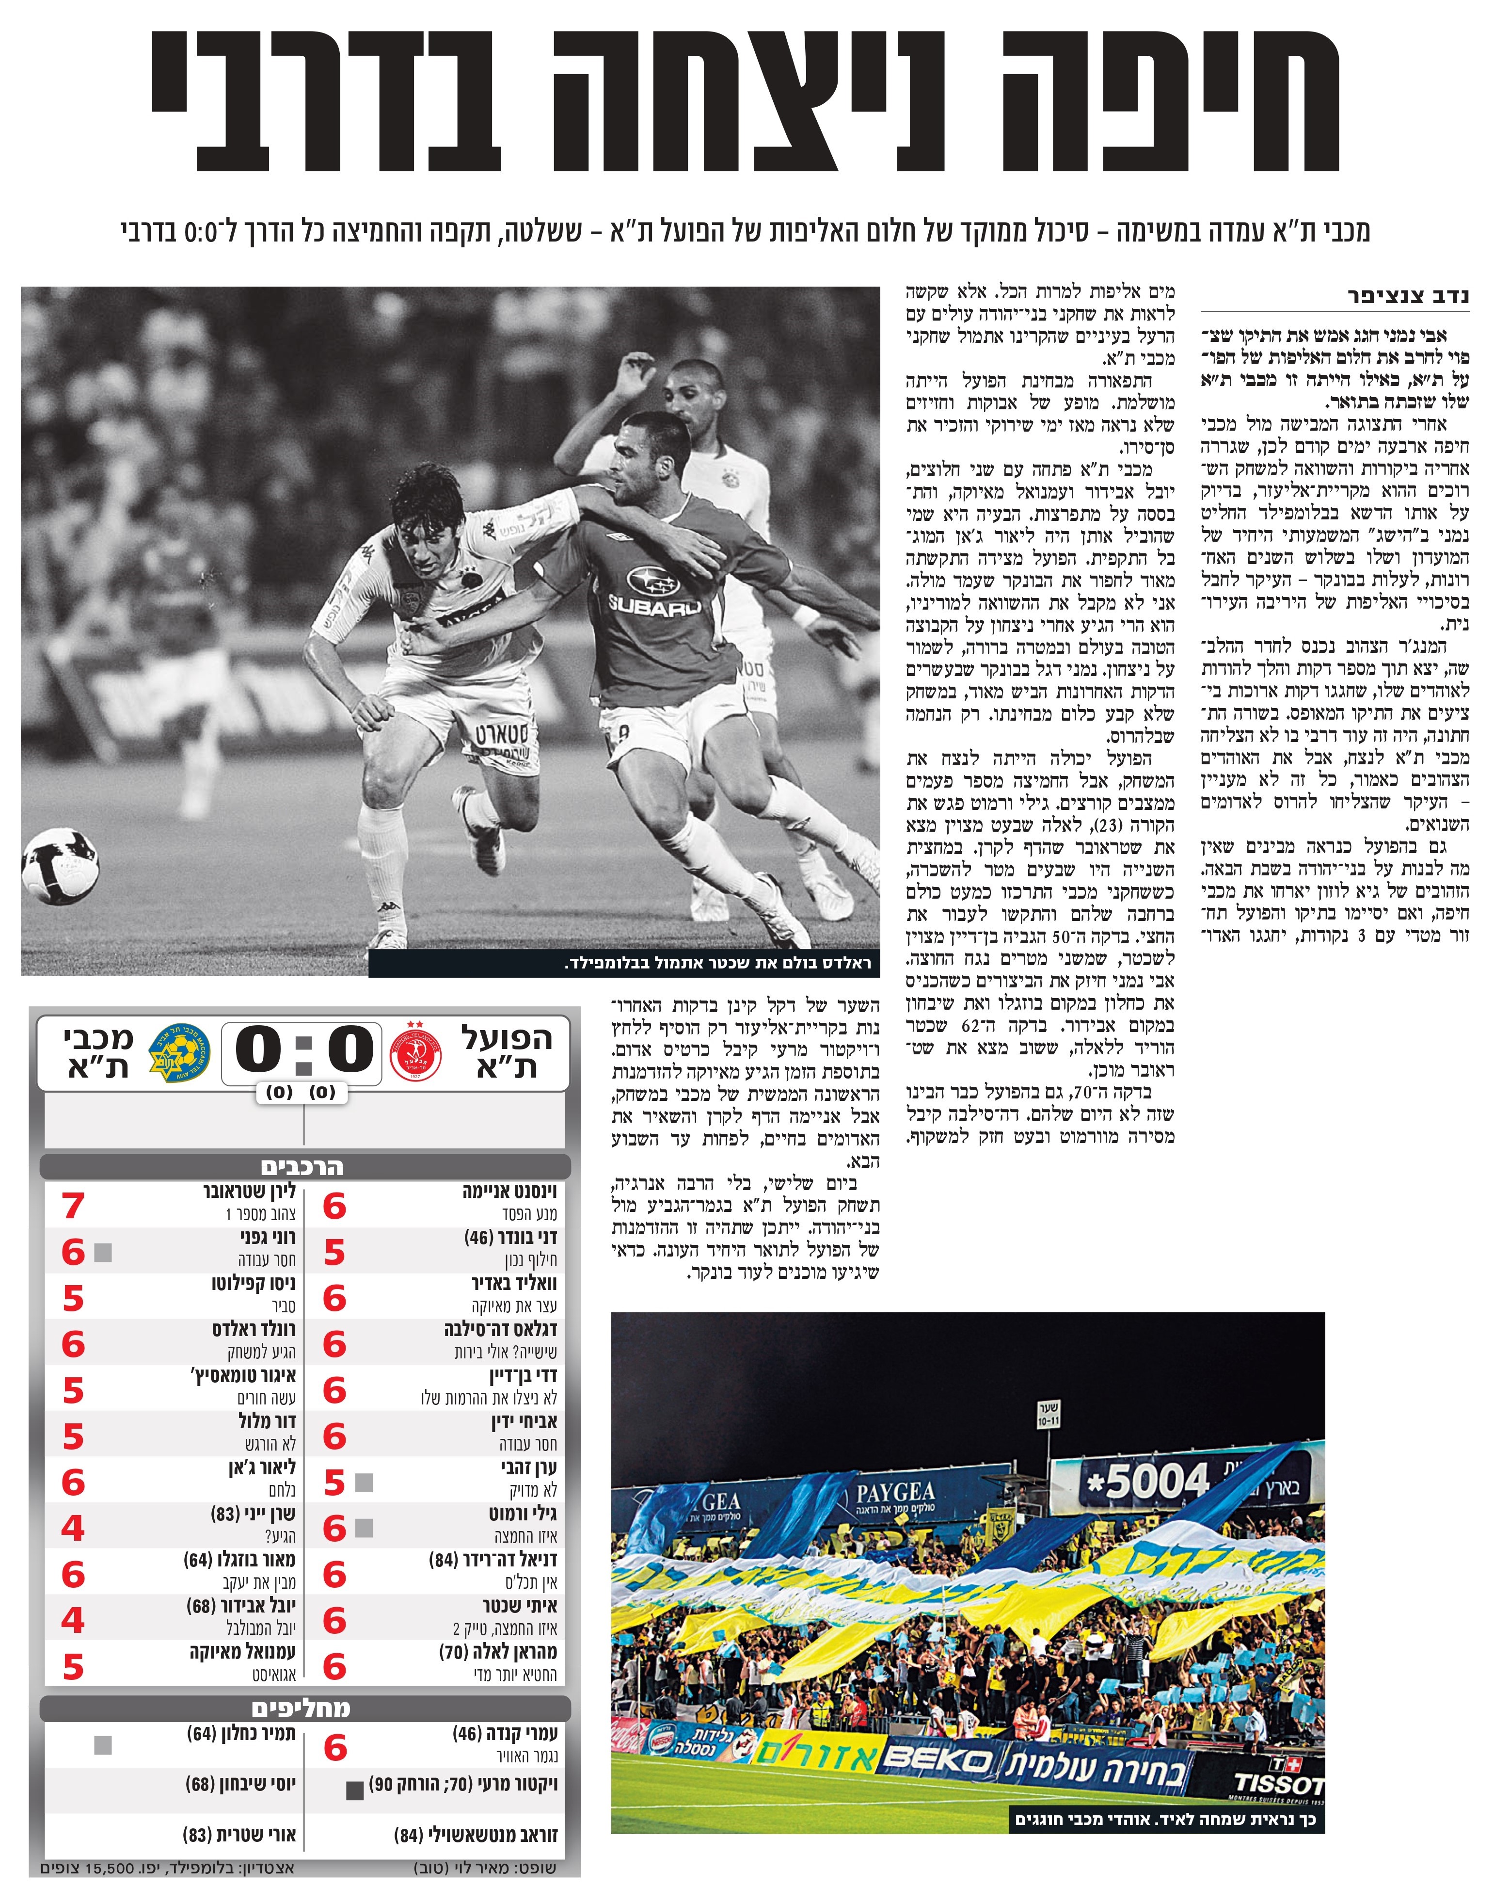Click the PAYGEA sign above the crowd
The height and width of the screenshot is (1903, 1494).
(x=895, y=1493)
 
